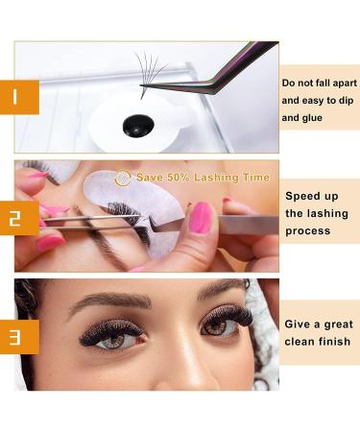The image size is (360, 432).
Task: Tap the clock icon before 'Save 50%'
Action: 123,178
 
